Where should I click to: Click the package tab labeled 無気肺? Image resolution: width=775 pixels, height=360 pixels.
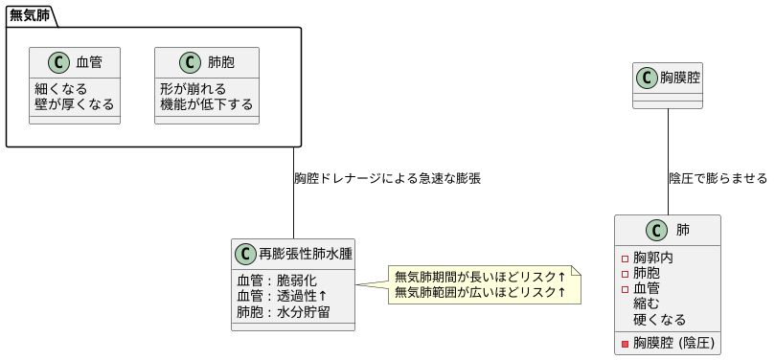[29, 15]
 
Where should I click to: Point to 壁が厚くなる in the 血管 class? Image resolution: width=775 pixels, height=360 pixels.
[75, 103]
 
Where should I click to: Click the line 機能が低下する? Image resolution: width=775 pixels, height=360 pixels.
[206, 103]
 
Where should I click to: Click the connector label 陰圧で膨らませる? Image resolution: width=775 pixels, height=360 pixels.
[718, 179]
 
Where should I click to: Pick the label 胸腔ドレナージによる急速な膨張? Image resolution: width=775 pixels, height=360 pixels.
[387, 179]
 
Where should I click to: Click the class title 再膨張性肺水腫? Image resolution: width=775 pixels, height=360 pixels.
[306, 255]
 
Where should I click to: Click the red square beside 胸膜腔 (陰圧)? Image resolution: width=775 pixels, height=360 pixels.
[626, 343]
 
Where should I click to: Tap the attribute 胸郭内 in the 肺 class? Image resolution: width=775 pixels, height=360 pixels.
[653, 258]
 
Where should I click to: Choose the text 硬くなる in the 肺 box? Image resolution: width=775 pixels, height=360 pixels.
[660, 320]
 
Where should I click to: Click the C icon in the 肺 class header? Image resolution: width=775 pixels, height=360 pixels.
[656, 230]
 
